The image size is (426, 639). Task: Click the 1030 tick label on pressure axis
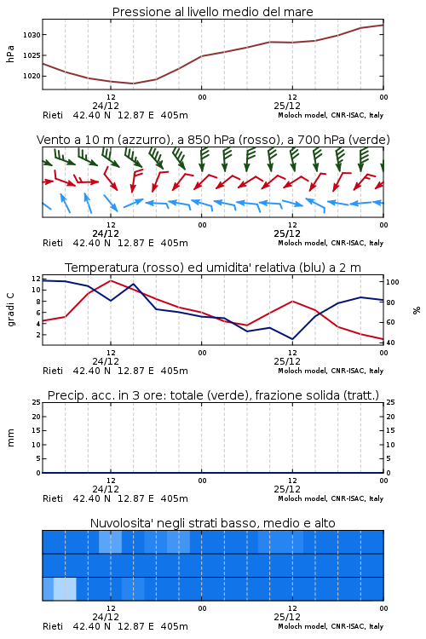pyautogui.click(x=32, y=35)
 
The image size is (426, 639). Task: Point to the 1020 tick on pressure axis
pyautogui.click(x=32, y=76)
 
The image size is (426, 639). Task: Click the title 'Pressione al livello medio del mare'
pyautogui.click(x=213, y=12)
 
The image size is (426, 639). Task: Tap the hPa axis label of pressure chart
pyautogui.click(x=10, y=54)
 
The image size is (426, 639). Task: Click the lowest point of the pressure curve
pyautogui.click(x=133, y=83)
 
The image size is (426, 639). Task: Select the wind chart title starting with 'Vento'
pyautogui.click(x=213, y=140)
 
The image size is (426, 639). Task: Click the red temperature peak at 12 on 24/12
pyautogui.click(x=111, y=280)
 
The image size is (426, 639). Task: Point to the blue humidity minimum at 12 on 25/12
pyautogui.click(x=292, y=339)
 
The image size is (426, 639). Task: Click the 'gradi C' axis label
pyautogui.click(x=10, y=310)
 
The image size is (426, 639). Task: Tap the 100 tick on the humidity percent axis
pyautogui.click(x=393, y=282)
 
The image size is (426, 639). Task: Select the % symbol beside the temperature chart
pyautogui.click(x=417, y=310)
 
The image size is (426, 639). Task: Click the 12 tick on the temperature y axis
pyautogui.click(x=37, y=279)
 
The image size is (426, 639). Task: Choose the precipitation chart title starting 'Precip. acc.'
pyautogui.click(x=213, y=395)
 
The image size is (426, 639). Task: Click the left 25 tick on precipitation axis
pyautogui.click(x=37, y=402)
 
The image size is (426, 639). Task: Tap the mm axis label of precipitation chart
pyautogui.click(x=10, y=438)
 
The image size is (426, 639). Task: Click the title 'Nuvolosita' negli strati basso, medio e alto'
pyautogui.click(x=213, y=523)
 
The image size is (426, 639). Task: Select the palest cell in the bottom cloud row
pyautogui.click(x=65, y=589)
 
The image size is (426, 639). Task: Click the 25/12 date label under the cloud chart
pyautogui.click(x=287, y=617)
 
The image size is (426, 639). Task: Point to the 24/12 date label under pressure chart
pyautogui.click(x=106, y=106)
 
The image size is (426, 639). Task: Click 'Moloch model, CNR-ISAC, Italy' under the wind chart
pyautogui.click(x=331, y=243)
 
